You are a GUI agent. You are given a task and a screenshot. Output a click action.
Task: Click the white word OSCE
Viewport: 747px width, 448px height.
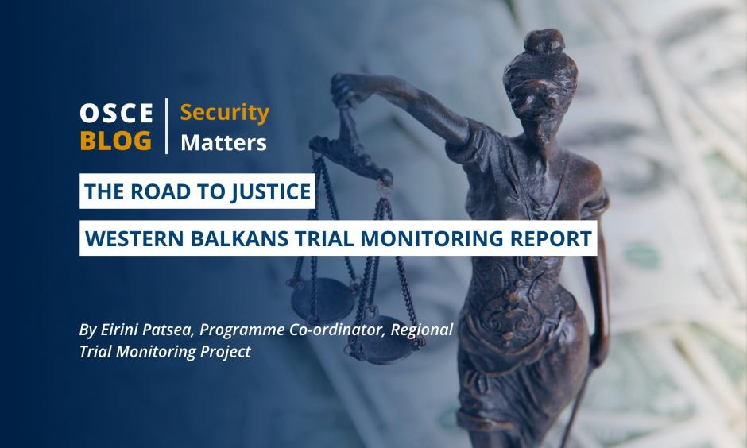click(116, 114)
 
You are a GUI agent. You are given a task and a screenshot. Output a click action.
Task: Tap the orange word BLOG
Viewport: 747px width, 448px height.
click(116, 141)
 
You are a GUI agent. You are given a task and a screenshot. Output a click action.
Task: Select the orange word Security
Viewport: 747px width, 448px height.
click(224, 114)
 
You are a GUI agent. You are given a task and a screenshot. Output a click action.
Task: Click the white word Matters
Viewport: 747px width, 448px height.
click(223, 142)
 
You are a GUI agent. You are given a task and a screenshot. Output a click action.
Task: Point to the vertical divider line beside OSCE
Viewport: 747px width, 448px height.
click(166, 126)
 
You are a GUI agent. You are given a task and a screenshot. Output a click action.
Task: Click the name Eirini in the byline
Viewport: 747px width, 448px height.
click(115, 330)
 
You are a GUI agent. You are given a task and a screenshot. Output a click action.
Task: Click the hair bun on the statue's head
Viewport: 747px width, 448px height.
click(544, 41)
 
